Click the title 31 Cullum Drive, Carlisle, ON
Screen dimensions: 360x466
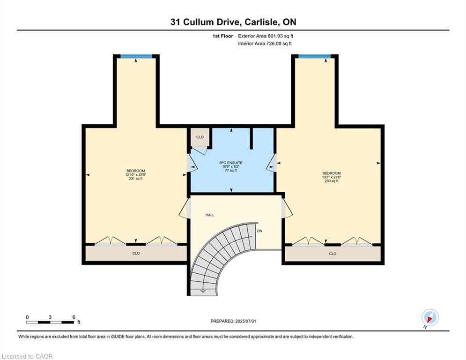[233, 22]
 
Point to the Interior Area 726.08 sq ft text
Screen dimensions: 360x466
[265, 44]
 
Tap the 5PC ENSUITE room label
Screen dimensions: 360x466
[231, 163]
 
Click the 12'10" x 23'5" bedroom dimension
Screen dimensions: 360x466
[135, 175]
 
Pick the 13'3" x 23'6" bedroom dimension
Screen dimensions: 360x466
[332, 177]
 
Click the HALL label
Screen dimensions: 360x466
[210, 215]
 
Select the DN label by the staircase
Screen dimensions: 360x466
[259, 231]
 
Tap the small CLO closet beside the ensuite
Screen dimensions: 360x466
[200, 137]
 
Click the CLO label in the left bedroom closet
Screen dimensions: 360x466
[136, 254]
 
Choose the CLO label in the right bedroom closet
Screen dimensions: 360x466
[333, 254]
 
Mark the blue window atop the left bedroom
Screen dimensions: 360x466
[136, 57]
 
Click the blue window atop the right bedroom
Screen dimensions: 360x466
[314, 57]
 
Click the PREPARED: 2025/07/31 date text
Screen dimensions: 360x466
[233, 321]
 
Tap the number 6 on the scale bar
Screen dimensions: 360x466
[74, 317]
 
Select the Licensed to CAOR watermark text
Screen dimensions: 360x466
[28, 356]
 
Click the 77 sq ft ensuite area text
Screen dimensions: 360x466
[231, 171]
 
